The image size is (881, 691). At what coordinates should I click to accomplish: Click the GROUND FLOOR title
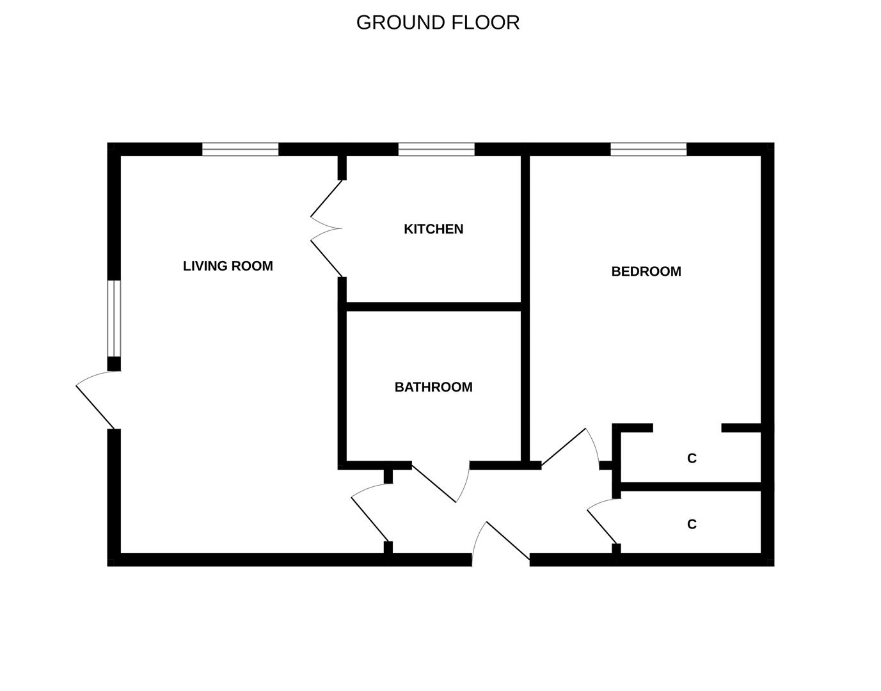click(x=438, y=22)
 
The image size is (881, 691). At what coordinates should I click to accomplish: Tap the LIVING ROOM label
click(x=228, y=266)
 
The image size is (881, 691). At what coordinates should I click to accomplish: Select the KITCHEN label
click(x=433, y=229)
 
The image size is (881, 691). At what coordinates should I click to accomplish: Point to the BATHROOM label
click(x=433, y=387)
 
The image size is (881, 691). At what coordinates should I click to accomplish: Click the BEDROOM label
click(x=646, y=271)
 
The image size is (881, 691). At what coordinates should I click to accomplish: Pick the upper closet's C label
click(x=692, y=458)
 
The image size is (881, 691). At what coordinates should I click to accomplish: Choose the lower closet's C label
click(x=692, y=525)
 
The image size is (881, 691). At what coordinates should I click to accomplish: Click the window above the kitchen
click(x=436, y=149)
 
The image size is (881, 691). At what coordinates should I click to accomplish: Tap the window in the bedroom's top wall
click(x=649, y=149)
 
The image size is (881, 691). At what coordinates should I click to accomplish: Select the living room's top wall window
click(x=241, y=149)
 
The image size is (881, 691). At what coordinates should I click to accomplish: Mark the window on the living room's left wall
click(x=114, y=319)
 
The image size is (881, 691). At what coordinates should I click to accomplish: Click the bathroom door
click(x=440, y=482)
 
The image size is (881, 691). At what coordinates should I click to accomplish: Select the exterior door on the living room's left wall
click(x=98, y=400)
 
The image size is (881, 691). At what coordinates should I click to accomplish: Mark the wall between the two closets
click(x=691, y=487)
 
